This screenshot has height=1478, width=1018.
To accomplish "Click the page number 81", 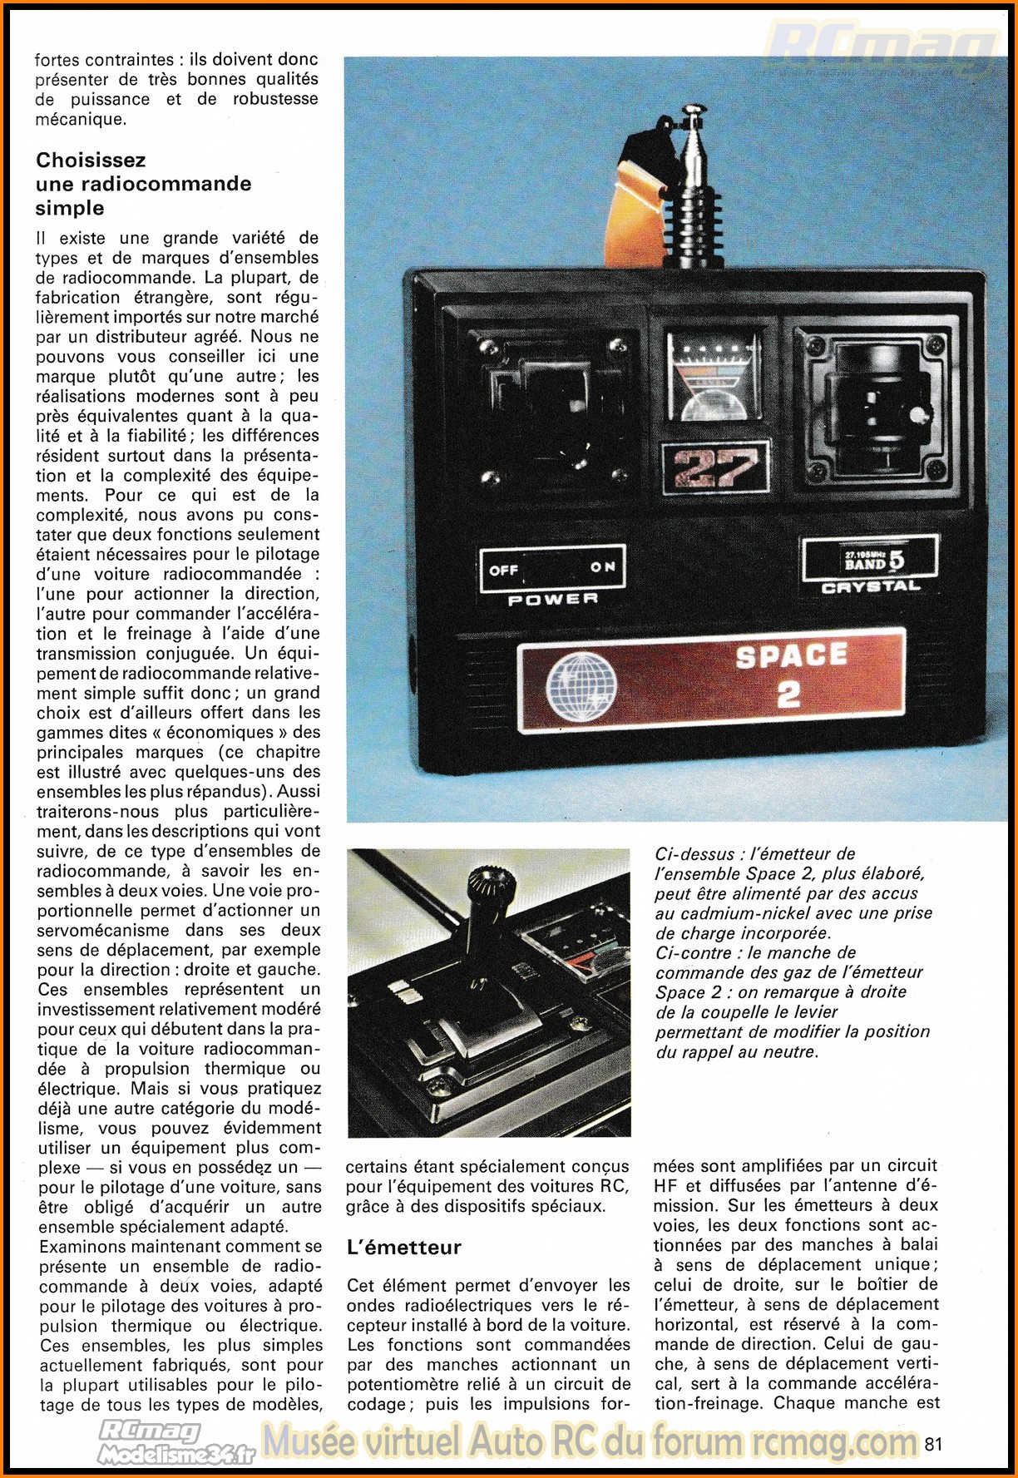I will (x=933, y=1443).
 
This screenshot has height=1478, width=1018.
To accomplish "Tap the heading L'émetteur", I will (x=403, y=1248).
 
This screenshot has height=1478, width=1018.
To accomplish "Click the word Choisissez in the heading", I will (x=91, y=160).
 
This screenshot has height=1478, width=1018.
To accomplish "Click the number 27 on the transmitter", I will (x=715, y=467).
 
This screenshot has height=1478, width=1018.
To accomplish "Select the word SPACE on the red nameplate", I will (x=791, y=656).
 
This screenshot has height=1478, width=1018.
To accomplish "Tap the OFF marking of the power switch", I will (x=504, y=570).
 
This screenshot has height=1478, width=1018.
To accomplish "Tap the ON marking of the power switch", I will (x=603, y=567).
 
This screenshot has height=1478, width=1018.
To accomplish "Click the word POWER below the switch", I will (x=553, y=599).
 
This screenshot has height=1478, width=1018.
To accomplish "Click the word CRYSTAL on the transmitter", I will (x=871, y=587).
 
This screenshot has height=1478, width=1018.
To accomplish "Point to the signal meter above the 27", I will (x=714, y=376).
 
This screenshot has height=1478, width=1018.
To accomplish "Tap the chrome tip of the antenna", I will (x=693, y=112).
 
